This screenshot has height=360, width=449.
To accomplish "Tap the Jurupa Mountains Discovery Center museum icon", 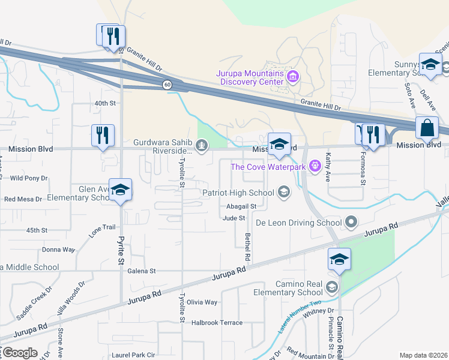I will pos(294,76).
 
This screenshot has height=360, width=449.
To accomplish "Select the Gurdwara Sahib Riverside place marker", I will pos(202,144).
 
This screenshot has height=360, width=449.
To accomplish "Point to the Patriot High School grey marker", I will pos(283,193).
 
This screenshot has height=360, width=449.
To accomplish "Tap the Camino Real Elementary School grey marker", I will pos(333,287).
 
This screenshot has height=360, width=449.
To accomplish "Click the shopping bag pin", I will pos(427,128).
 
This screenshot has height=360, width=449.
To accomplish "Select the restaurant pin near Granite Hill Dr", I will pos(110,35).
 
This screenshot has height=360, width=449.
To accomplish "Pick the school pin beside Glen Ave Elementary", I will pos(121,190).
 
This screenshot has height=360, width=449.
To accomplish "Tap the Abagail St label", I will pos(242,206).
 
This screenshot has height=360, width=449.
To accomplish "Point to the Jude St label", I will pos(234,218).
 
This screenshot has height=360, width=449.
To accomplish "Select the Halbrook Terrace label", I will pos(217,322).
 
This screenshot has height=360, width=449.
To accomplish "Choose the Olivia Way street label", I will pos(202,302).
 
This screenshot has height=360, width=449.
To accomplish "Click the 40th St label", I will pos(104,103).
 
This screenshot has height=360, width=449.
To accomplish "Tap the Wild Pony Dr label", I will pos(29,178).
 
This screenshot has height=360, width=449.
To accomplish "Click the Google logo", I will pos(19,353).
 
